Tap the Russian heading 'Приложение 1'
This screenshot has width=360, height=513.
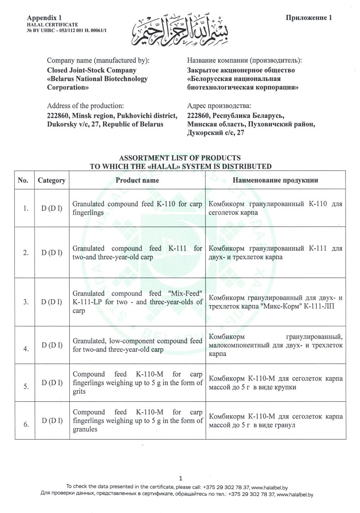click(309, 18)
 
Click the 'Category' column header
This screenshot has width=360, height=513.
click(52, 180)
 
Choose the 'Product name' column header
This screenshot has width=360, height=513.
click(137, 180)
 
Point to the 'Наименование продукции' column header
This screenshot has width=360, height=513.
click(275, 180)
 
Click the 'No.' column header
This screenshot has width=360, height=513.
click(23, 180)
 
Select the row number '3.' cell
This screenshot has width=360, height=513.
click(27, 301)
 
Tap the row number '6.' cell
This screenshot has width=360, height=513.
click(27, 424)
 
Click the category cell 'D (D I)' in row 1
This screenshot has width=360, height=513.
click(52, 208)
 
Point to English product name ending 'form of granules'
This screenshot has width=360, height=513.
click(137, 420)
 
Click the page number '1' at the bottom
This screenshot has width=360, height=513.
click(180, 478)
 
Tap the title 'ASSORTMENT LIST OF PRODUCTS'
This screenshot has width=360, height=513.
click(180, 158)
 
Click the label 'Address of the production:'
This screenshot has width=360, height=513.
click(85, 106)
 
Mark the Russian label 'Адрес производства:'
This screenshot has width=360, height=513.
click(218, 106)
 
